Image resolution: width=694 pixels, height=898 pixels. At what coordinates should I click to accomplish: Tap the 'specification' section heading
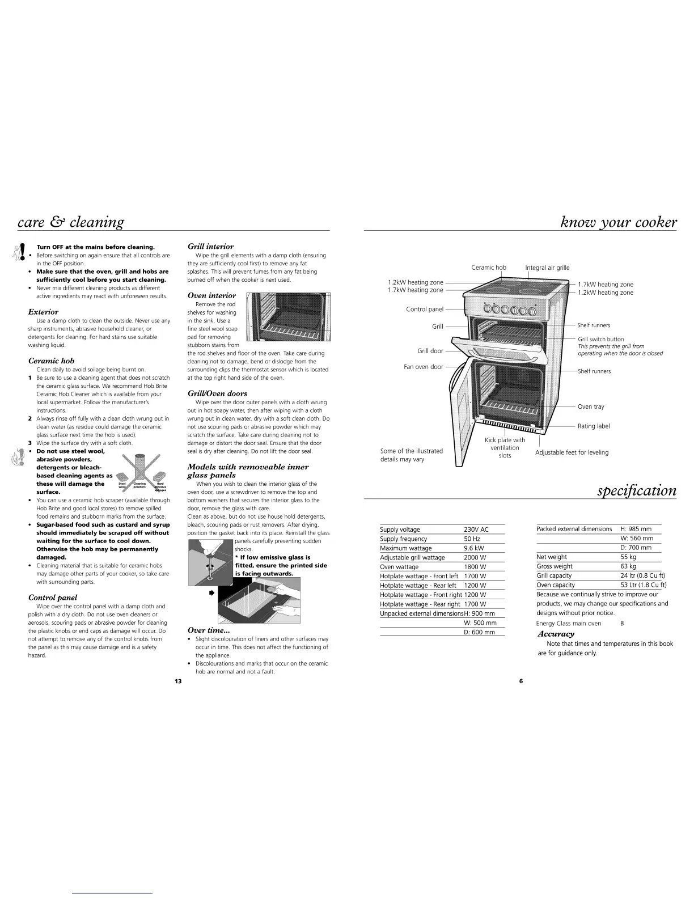point(637,490)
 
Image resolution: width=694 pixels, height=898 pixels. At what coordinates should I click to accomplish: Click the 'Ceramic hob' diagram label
point(489,268)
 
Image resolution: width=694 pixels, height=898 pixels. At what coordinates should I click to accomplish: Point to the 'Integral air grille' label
point(547,268)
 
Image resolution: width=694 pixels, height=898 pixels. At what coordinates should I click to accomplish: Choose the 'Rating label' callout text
point(594,426)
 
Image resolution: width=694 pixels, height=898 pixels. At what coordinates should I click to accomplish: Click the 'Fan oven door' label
point(423,367)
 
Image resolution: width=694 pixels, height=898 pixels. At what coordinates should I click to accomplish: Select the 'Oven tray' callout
point(591,406)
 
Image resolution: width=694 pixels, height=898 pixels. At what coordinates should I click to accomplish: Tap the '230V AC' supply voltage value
point(476,530)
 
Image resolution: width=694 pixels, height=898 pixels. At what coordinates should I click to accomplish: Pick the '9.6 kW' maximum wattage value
point(473,548)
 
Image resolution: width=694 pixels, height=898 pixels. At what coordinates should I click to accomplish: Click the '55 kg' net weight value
point(628,557)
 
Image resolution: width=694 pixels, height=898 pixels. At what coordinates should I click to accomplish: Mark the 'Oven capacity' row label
point(556,584)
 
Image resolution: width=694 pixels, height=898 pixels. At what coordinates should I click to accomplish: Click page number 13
point(178,681)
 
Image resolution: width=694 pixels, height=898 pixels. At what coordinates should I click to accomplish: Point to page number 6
point(521,681)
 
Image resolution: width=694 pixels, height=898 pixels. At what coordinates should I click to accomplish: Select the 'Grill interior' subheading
point(210,247)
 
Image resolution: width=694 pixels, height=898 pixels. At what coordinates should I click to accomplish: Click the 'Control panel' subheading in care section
point(53,598)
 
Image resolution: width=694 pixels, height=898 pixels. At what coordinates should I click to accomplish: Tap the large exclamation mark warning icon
point(20,252)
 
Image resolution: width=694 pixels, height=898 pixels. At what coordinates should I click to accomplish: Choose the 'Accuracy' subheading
point(556,634)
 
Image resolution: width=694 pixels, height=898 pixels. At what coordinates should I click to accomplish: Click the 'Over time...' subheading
point(208,630)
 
